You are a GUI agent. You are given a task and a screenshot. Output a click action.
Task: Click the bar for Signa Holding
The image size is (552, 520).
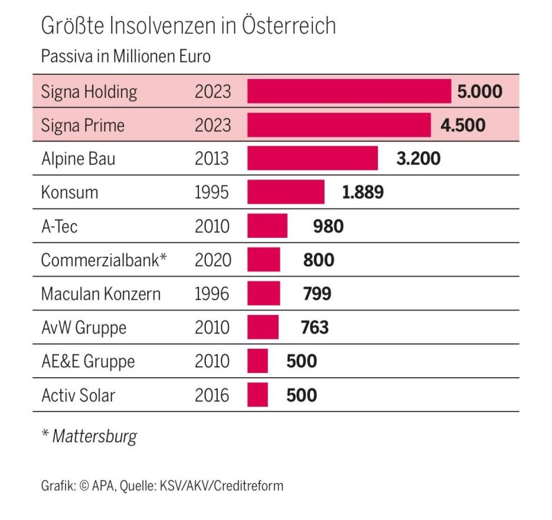tap(349, 92)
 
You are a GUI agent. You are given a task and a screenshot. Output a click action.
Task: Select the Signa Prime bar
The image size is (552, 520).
tap(338, 125)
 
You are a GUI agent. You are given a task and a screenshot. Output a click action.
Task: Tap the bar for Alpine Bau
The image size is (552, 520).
tap(312, 159)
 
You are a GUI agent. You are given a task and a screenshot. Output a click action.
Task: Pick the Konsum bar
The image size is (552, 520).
tap(286, 192)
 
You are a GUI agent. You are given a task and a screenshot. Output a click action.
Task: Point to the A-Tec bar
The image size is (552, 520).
tap(267, 226)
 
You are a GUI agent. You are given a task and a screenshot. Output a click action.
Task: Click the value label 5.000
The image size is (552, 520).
tap(479, 92)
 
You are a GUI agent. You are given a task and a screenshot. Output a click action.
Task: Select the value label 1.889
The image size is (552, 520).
tap(363, 192)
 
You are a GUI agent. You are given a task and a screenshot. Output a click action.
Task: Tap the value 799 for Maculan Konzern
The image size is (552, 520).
tap(317, 293)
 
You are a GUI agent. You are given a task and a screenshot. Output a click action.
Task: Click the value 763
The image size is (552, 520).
tap(315, 327)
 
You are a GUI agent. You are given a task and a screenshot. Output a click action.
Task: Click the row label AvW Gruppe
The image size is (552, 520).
tap(83, 327)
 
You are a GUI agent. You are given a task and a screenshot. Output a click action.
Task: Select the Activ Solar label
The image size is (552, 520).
tap(78, 395)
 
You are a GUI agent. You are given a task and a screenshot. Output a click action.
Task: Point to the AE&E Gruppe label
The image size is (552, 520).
tap(87, 361)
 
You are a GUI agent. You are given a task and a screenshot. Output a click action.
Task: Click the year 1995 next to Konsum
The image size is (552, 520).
tap(212, 192)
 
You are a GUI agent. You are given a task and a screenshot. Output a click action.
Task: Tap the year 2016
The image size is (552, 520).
tap(212, 395)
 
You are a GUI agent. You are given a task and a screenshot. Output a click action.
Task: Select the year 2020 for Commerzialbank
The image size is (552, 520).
tap(212, 260)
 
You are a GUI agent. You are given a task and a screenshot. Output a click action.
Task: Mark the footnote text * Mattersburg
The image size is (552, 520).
tap(89, 436)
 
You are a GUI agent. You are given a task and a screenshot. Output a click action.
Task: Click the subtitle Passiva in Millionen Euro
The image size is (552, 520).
tap(125, 55)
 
